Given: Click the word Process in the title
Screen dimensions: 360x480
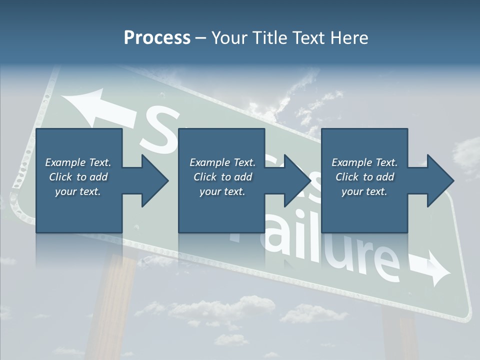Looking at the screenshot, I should click(x=157, y=38).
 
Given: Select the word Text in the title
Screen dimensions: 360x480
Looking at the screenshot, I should click(x=307, y=38).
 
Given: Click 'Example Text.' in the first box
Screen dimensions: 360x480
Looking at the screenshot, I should click(x=78, y=162).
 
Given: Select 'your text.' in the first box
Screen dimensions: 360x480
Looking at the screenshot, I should click(x=78, y=191).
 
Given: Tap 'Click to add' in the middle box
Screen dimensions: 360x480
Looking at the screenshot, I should click(x=222, y=177).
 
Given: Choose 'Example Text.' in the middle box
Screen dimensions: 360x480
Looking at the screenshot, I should click(x=222, y=162).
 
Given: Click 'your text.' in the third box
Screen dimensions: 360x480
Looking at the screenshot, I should click(x=364, y=191).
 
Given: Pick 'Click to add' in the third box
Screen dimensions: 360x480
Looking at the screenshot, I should click(x=364, y=177).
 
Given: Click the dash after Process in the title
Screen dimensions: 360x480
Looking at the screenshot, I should click(x=201, y=38).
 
